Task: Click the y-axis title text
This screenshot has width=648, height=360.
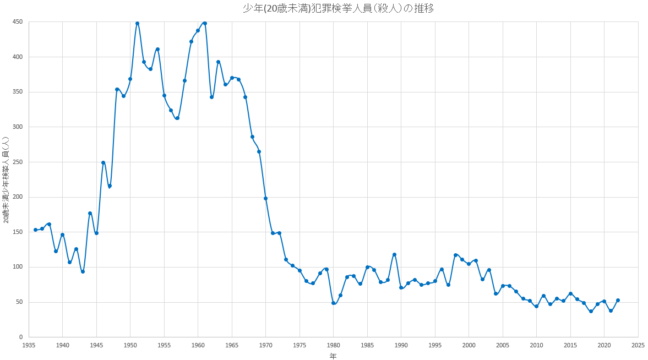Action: point(6,179)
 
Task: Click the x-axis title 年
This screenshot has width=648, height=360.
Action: point(333,356)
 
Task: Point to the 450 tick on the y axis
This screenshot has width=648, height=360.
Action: point(18,22)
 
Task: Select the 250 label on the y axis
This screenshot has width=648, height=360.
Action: point(18,162)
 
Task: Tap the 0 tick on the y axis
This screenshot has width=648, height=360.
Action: point(20,337)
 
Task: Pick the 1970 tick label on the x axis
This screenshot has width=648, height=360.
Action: point(265,345)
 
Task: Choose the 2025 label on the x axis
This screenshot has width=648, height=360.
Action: point(638,345)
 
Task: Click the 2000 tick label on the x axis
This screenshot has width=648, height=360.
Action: point(469,345)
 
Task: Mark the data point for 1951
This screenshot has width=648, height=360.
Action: point(137,24)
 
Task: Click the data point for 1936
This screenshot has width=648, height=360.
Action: point(35,230)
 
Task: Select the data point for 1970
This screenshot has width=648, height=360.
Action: point(265,198)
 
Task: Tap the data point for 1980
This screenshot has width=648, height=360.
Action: point(333,303)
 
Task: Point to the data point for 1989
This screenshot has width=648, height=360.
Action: point(394,254)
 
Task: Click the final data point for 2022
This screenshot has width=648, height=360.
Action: point(618,300)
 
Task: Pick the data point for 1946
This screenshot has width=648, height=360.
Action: point(103,162)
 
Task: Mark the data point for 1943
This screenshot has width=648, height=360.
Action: point(83,271)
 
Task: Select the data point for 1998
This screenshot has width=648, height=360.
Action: point(455,255)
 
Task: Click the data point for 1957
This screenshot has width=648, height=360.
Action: point(177,118)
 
